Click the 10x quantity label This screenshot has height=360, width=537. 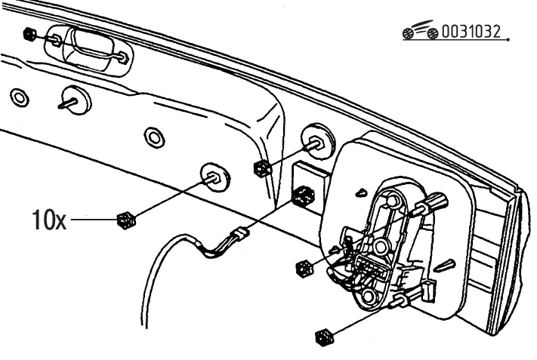pyautogui.click(x=49, y=220)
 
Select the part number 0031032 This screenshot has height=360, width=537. pyautogui.click(x=471, y=32)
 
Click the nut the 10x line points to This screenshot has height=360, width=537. pyautogui.click(x=125, y=220)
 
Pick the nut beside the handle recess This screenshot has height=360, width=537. pyautogui.click(x=29, y=34)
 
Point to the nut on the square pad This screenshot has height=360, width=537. pyautogui.click(x=304, y=195)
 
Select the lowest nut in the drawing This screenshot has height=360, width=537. pyautogui.click(x=324, y=337)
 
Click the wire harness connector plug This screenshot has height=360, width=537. pyautogui.click(x=240, y=235)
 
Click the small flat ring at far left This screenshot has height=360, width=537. pyautogui.click(x=20, y=98)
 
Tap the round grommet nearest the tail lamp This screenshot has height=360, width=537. pyautogui.click(x=318, y=141)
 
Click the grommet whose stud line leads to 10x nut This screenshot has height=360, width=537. pyautogui.click(x=215, y=177)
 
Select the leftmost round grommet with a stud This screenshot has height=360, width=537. pyautogui.click(x=76, y=100)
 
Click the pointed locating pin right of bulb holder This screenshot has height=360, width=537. pyautogui.click(x=446, y=264)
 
